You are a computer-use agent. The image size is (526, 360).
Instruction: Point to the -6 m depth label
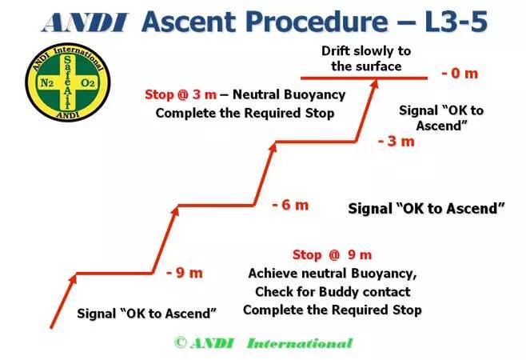click(x=289, y=205)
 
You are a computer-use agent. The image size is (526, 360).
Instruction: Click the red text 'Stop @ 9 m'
click(x=332, y=255)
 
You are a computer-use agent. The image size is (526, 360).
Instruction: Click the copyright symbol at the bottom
click(x=181, y=342)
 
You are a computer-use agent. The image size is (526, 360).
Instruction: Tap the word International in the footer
click(x=299, y=343)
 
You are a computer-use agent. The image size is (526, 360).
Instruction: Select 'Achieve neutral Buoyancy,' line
click(x=332, y=273)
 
